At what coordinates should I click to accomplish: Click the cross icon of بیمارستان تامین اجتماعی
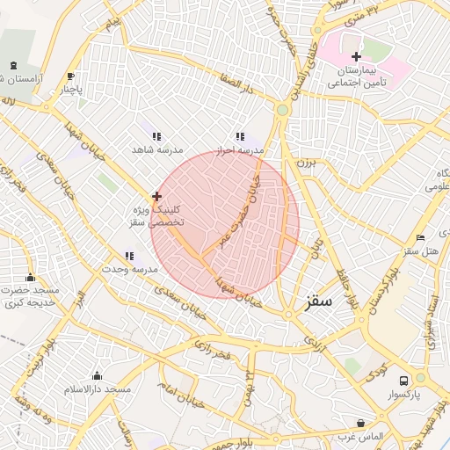[355, 56]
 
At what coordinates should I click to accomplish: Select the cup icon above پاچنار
[71, 76]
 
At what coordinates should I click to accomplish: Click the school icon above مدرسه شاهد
[156, 136]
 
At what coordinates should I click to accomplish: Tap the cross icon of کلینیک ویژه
[156, 196]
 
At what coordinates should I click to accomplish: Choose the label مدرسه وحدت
[128, 268]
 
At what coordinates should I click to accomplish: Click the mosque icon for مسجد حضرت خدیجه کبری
[31, 278]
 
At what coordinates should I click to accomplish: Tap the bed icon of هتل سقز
[420, 237]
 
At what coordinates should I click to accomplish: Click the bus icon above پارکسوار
[403, 381]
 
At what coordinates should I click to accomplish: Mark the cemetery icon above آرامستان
[13, 65]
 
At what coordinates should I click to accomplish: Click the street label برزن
[303, 163]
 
